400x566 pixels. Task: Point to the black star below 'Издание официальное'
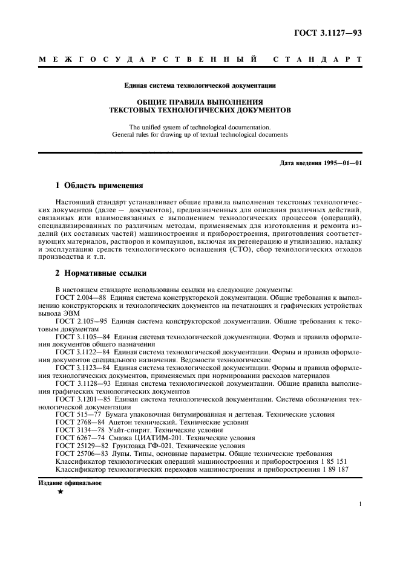click(x=60, y=493)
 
